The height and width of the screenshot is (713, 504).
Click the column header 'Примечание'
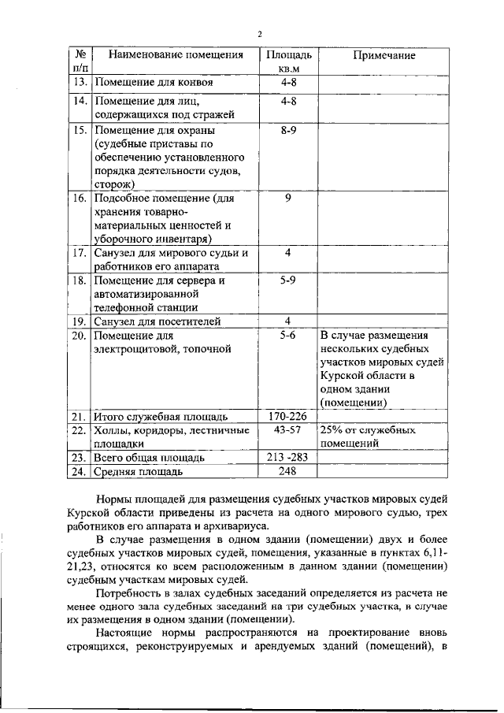pos(384,57)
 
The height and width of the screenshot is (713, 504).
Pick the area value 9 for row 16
pos(288,199)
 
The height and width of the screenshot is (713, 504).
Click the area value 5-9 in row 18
pos(287,280)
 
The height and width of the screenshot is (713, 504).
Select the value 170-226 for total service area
pos(287,416)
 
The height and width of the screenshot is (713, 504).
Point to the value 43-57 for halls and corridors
pos(287,431)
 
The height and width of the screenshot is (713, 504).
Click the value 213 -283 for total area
pos(287,457)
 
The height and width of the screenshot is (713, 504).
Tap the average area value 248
pos(287,471)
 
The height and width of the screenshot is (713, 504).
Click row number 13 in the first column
pos(79,82)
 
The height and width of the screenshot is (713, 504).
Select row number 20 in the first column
pos(79,335)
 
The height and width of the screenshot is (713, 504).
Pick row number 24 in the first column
pos(79,471)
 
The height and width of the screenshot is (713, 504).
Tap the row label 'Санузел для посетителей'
pos(157,321)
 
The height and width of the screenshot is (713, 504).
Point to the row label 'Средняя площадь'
pos(138,471)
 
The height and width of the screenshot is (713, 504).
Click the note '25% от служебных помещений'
pos(368,437)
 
